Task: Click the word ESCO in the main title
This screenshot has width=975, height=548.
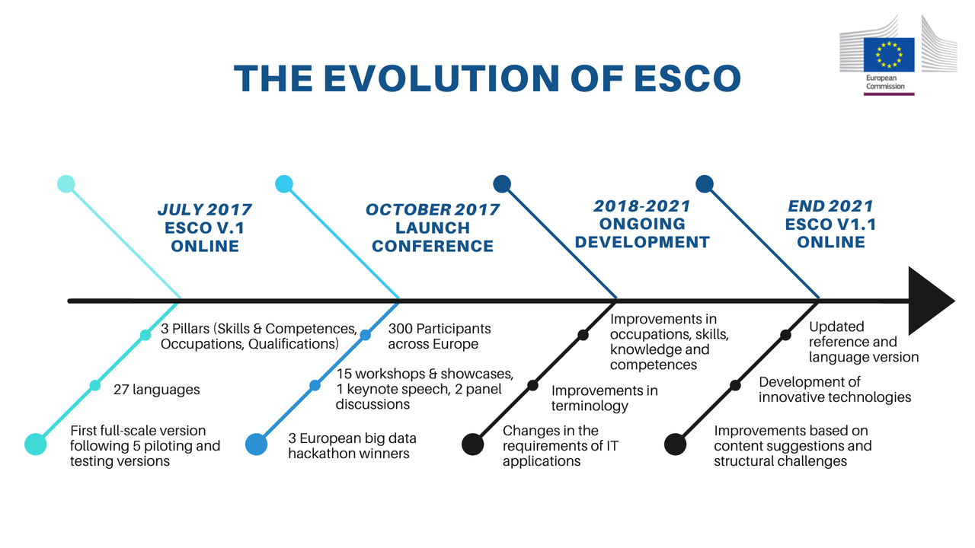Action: [687, 78]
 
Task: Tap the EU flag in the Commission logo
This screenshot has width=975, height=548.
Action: [889, 55]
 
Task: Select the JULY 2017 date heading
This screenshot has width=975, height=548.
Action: [205, 209]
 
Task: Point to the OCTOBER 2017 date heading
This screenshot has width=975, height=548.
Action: [432, 209]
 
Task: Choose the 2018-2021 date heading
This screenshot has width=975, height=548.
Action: [642, 205]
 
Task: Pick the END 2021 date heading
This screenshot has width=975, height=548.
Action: [830, 205]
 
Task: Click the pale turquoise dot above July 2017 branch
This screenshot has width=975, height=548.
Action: [66, 184]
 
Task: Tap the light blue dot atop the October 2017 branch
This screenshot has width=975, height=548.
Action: [284, 184]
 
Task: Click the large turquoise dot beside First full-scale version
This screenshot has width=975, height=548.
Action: [36, 444]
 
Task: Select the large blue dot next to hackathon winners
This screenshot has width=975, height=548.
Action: [257, 444]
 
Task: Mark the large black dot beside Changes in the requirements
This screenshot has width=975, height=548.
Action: [473, 444]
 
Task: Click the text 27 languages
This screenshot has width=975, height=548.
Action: [157, 390]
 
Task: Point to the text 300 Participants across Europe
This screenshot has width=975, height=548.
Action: [440, 336]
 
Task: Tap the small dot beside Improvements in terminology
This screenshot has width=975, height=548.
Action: [532, 385]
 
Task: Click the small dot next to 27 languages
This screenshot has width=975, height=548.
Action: [95, 385]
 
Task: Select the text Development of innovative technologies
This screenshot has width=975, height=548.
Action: [835, 390]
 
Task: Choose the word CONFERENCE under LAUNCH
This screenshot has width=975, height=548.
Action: [432, 246]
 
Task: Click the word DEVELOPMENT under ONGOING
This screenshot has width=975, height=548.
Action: [642, 242]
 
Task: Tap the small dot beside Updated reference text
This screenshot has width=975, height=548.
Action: [785, 335]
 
